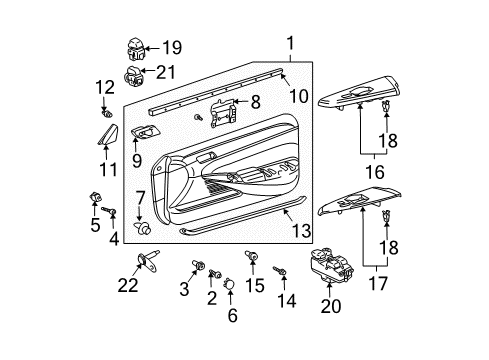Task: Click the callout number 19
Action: point(172,46)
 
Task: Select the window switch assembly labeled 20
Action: point(331,268)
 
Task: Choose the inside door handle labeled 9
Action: point(146,133)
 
